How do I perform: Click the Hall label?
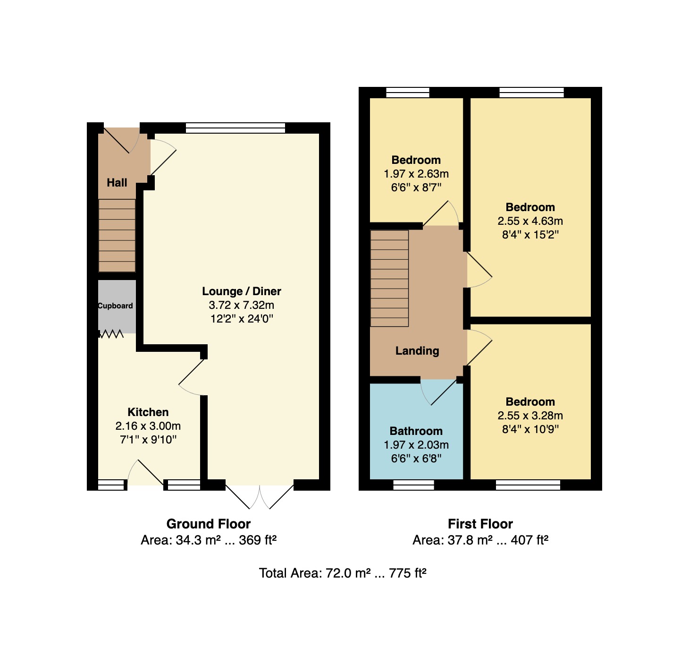[x=117, y=183]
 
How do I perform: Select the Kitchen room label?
[x=148, y=412]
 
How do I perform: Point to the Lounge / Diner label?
[x=242, y=291]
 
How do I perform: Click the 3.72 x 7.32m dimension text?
[x=242, y=305]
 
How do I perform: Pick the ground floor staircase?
[x=117, y=235]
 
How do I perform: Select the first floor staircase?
[x=389, y=278]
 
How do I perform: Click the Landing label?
[x=417, y=351]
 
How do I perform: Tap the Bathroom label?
[x=416, y=431]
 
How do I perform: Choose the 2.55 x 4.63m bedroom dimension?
[x=530, y=221]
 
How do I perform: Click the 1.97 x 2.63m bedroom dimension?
[x=416, y=174]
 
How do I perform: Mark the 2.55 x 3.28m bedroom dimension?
[x=530, y=416]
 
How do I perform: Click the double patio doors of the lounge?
[x=260, y=496]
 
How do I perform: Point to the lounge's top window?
[x=235, y=128]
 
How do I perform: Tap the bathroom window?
[x=413, y=485]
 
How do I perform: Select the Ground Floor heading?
[x=208, y=524]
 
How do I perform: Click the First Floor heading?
[x=480, y=524]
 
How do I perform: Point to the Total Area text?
[x=343, y=573]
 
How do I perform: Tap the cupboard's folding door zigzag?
[x=111, y=334]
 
